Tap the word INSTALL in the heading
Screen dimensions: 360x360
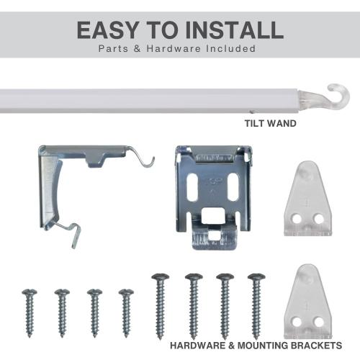pos(235,30)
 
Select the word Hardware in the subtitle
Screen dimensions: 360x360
pos(174,48)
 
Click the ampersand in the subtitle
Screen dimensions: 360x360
pos(137,48)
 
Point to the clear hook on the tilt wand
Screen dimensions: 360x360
pos(337,97)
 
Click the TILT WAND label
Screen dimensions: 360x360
pos(271,123)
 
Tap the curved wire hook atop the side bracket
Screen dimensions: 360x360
pos(141,157)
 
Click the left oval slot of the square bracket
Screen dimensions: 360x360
pos(192,187)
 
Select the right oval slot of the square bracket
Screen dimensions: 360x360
pos(233,187)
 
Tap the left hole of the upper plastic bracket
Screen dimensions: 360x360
pos(296,217)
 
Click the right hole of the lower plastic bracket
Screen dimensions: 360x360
pos(319,321)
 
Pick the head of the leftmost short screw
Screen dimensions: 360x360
pos(30,292)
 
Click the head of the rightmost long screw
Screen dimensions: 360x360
pos(256,277)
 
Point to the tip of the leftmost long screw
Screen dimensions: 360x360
pos(160,338)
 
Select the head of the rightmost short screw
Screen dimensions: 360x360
pos(126,292)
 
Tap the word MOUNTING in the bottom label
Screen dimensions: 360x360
pos(262,346)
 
